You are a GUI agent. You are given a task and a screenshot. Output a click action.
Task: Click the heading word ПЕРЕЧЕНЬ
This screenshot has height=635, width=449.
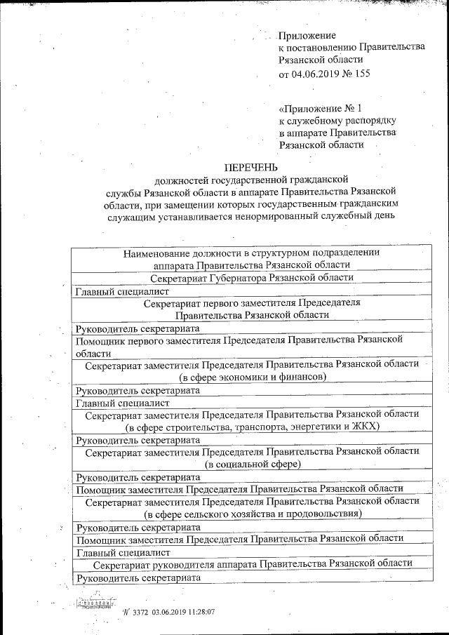click(x=250, y=167)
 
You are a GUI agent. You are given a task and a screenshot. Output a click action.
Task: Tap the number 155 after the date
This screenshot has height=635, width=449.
click(x=361, y=73)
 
